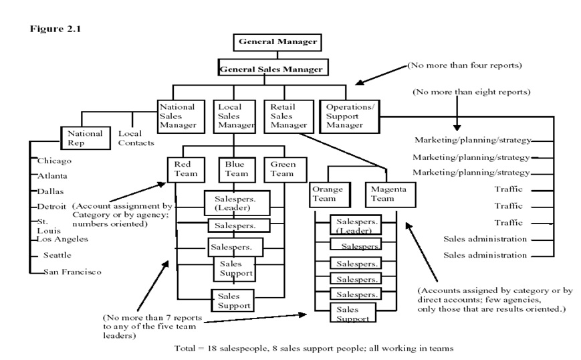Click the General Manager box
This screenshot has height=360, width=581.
click(277, 42)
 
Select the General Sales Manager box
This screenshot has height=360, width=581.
click(273, 68)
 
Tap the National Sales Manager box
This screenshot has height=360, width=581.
click(181, 116)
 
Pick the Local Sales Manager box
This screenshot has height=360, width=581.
click(235, 116)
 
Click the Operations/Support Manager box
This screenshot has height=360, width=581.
click(350, 116)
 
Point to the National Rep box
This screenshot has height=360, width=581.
click(86, 138)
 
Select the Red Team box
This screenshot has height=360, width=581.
click(186, 170)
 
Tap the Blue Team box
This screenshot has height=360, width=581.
click(237, 170)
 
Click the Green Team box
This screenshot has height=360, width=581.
click(285, 170)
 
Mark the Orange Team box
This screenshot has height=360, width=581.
click(330, 194)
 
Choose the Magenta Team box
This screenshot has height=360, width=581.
click(390, 194)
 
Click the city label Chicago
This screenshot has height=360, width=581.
click(54, 161)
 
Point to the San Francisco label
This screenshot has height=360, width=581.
click(72, 272)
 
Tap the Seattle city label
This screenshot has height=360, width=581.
click(57, 255)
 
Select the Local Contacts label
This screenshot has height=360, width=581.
click(136, 138)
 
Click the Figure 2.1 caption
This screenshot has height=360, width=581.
click(55, 29)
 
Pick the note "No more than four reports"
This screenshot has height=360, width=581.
click(465, 66)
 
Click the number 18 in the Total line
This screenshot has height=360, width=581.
click(211, 348)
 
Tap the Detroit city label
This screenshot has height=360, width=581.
click(51, 207)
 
